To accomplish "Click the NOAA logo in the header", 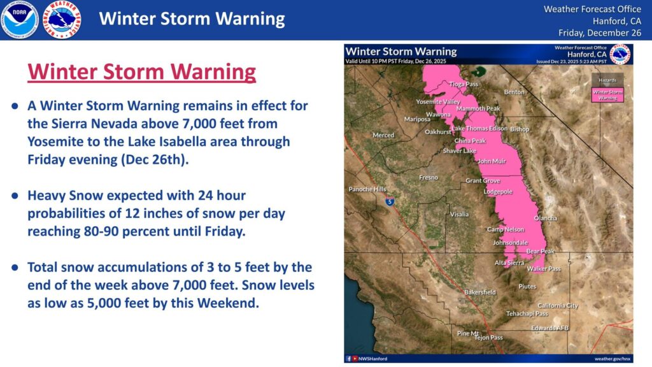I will click(20, 20).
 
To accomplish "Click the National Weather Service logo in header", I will click(62, 20).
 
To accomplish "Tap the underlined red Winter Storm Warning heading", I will click(141, 72).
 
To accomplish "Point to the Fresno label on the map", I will click(428, 177).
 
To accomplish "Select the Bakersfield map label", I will click(479, 292).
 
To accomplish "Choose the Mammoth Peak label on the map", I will click(478, 109).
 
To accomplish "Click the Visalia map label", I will click(459, 214).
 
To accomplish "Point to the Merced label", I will click(383, 135).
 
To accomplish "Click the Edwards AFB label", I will click(549, 328).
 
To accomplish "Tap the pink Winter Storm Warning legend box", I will click(607, 96).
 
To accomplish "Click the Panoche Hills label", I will click(367, 189).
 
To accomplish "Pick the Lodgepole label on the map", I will click(498, 191).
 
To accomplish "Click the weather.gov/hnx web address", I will click(612, 359).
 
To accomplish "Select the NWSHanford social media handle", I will click(372, 359).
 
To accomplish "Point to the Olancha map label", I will click(545, 218).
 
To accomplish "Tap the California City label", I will click(558, 306).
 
